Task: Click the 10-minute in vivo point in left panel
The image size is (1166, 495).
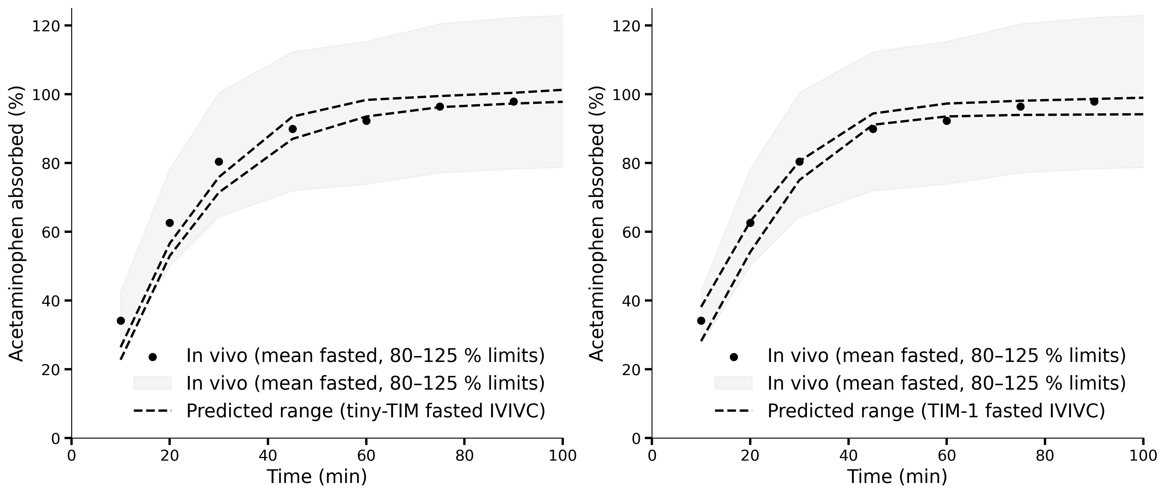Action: pos(120,321)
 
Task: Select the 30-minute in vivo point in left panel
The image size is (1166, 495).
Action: pos(219,162)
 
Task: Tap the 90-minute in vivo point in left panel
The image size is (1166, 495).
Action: pos(513,101)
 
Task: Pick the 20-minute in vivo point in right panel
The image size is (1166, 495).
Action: pos(750,223)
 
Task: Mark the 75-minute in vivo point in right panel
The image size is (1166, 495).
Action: pos(1020,106)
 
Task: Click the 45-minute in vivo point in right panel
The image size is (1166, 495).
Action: pos(873,129)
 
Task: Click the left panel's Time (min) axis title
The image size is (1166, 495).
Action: pos(317,477)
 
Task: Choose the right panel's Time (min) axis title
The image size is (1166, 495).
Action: pos(897,477)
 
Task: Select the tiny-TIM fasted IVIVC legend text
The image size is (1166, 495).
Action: pos(365,411)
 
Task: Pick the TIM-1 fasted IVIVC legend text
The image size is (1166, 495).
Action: pos(936,411)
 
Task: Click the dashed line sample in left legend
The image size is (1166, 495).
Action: pos(153,411)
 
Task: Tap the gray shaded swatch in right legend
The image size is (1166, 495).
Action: pos(733,383)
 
